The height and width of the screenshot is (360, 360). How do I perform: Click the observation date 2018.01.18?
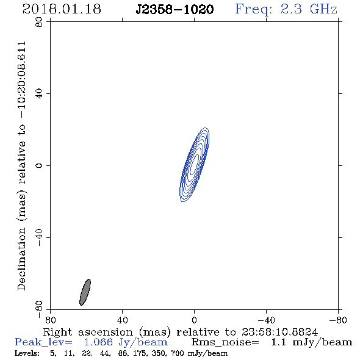pos(62,9)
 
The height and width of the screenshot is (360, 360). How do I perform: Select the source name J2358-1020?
pos(175,9)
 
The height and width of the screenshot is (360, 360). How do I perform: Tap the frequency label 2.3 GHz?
pos(309,9)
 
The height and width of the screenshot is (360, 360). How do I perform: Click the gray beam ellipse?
pos(85,292)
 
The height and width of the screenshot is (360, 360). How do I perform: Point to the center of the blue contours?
pos(194,165)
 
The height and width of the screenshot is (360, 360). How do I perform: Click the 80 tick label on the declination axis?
pos(39,22)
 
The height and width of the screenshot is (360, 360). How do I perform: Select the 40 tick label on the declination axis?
pos(39,94)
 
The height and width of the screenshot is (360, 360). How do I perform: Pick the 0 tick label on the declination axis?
pos(39,165)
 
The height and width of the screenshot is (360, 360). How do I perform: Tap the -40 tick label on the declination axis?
pos(39,237)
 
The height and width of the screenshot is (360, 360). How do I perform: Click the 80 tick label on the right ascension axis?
pos(50,320)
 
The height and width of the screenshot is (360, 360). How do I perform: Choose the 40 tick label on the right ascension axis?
pos(122,320)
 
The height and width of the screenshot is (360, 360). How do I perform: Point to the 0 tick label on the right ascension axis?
pos(194,320)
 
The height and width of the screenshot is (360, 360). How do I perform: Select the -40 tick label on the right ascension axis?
pos(266,320)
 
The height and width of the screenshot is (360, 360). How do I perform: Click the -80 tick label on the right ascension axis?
pos(338,320)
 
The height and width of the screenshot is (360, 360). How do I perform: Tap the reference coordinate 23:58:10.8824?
pos(279,332)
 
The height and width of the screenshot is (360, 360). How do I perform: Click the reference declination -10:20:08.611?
pos(22,80)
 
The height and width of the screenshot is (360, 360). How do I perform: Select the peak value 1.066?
pos(98,342)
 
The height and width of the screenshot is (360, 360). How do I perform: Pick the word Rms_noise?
pos(225,342)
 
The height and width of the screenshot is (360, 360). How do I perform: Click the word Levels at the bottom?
pos(27,353)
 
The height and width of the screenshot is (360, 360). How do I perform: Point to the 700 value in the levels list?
pos(178,353)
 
